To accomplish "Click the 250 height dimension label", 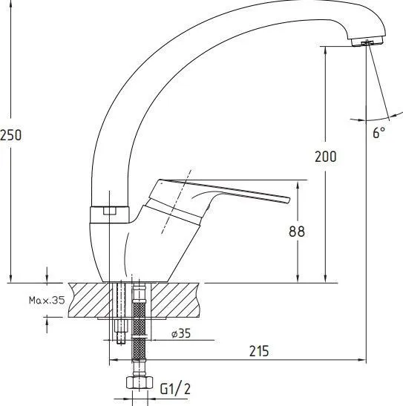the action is pyautogui.click(x=11, y=135).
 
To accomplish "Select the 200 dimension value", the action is pyautogui.click(x=326, y=157).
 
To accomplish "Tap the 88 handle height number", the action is pyautogui.click(x=297, y=232).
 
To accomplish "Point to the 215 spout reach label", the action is pyautogui.click(x=259, y=351).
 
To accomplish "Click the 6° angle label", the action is pyautogui.click(x=379, y=133).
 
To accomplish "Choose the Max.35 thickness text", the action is pyautogui.click(x=47, y=300).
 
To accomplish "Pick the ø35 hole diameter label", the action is pyautogui.click(x=181, y=333).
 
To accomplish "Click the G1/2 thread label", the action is pyautogui.click(x=175, y=389).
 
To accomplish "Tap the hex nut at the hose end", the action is pyautogui.click(x=140, y=382).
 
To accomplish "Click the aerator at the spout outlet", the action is pyautogui.click(x=367, y=42).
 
